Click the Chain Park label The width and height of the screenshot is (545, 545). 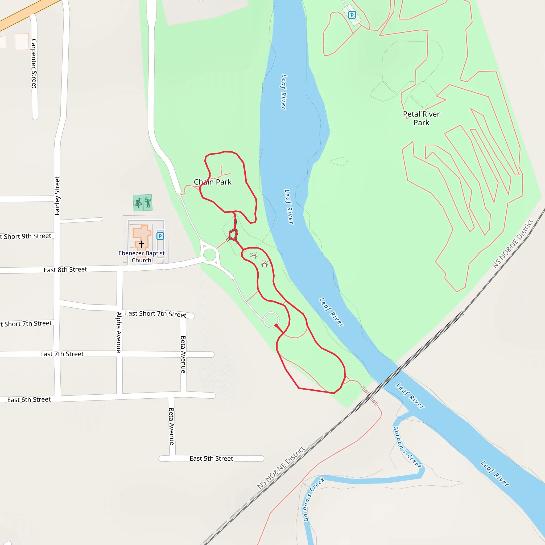[212, 182]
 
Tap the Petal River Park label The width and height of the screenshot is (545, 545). [421, 118]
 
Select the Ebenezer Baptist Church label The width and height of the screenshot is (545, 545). [141, 257]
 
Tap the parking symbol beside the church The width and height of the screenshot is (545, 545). [160, 236]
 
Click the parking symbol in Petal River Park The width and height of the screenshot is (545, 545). [352, 15]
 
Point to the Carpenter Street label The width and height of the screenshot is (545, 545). [34, 64]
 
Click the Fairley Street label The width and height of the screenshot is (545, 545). [57, 196]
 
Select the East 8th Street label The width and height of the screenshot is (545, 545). [65, 270]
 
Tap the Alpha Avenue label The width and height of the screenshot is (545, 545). [119, 332]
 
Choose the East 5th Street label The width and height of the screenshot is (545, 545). [211, 459]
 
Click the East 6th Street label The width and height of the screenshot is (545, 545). [29, 399]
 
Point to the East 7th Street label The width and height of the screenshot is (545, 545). [62, 354]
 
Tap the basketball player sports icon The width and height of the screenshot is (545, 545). [138, 203]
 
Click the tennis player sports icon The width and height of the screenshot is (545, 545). [148, 202]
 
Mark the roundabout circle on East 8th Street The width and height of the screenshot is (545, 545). [210, 255]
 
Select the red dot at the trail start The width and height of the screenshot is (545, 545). [276, 325]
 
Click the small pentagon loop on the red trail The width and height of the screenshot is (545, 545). [233, 234]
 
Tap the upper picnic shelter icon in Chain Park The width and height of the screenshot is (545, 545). [254, 255]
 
